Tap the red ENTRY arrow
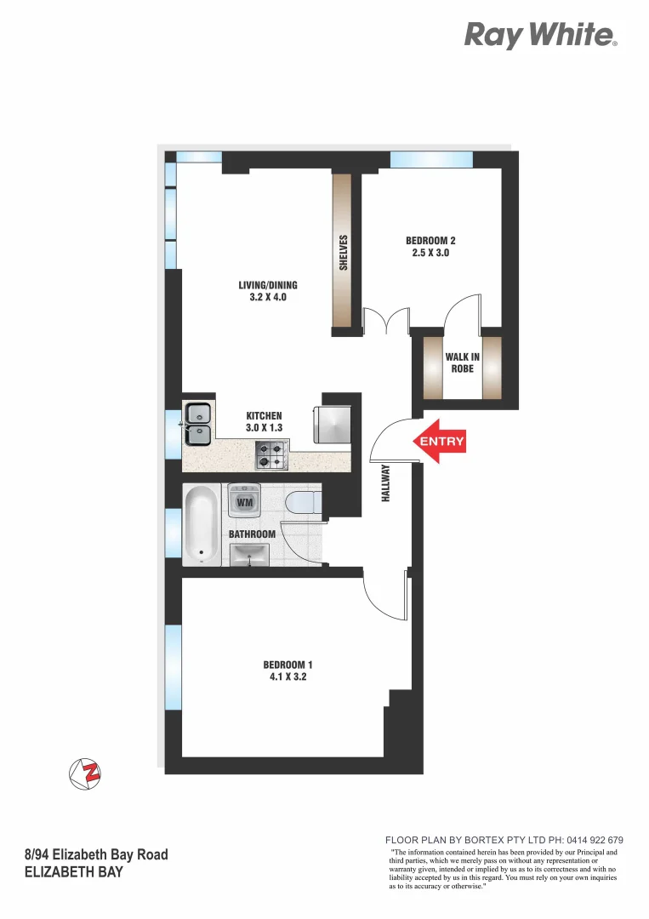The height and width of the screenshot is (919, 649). [438, 441]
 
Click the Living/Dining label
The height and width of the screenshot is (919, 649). [268, 291]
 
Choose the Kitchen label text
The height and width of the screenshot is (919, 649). [264, 422]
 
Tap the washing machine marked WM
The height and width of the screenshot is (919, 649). [245, 501]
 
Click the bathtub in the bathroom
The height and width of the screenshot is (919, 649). [202, 523]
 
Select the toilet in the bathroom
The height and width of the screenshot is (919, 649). [303, 502]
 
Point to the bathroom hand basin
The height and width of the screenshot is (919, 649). [249, 555]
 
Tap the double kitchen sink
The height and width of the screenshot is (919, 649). [198, 424]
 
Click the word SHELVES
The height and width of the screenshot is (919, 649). [344, 253]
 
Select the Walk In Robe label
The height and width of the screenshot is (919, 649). [462, 362]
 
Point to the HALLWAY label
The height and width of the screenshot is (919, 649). [385, 482]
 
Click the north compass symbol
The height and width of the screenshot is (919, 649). [85, 773]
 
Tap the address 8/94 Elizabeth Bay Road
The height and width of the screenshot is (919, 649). [96, 854]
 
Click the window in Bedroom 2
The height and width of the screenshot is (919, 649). [431, 159]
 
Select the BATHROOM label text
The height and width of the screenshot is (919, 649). [252, 534]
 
